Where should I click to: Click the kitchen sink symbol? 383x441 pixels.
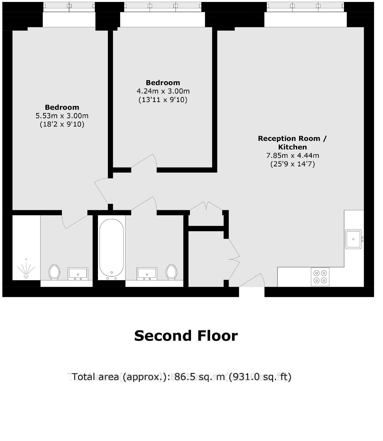coord(354,239)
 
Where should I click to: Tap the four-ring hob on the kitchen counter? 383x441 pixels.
coord(320,277)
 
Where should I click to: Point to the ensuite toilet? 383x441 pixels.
coord(54,272)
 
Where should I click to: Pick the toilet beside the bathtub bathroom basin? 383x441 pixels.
coord(171,272)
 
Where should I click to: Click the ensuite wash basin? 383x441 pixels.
coord(78,274)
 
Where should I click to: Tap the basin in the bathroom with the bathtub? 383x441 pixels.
coord(147,274)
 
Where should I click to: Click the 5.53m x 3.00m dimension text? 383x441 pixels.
coord(62,116)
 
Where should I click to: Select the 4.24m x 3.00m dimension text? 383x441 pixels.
coord(163,91)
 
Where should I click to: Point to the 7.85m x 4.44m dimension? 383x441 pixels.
coord(292,155)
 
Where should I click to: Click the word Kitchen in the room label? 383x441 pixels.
coord(292,147)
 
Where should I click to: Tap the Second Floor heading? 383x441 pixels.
coord(186,336)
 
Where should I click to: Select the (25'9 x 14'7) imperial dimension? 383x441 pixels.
coord(292,164)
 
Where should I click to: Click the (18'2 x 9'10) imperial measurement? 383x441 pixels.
coord(62,124)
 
